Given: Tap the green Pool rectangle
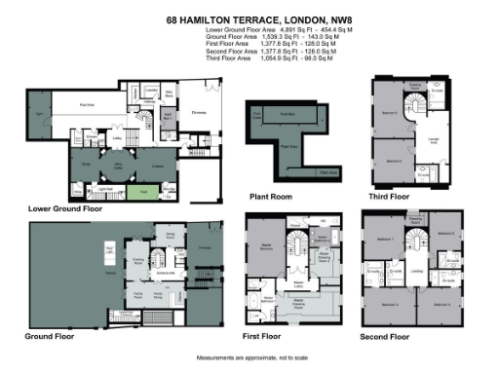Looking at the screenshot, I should (x=140, y=192).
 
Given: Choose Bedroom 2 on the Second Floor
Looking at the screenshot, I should (x=444, y=235).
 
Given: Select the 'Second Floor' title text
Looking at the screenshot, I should (x=390, y=337).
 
